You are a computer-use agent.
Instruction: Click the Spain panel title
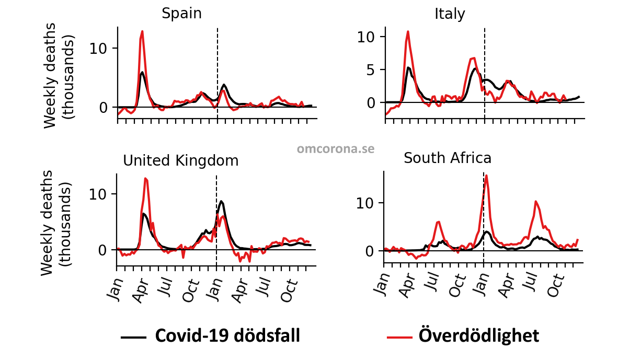coord(182,14)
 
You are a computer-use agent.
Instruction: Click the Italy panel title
coord(450,14)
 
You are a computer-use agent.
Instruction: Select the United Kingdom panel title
coord(180,161)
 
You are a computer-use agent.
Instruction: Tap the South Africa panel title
coord(448,158)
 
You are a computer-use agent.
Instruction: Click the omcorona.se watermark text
coord(336,149)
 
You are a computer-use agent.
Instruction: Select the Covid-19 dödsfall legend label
coord(227,335)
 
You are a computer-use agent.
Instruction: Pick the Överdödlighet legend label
coord(479,335)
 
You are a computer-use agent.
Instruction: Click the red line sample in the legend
coord(399,338)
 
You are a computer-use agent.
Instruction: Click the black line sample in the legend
coord(134,338)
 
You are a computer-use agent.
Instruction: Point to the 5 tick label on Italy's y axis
coord(370,70)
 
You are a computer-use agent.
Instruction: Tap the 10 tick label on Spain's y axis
coord(98,49)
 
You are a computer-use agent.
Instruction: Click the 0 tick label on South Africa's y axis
coord(370,251)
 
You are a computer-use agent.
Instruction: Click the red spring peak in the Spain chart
coord(142,31)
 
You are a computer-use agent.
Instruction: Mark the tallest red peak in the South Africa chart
coord(486,176)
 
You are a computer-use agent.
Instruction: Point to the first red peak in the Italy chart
coord(408,31)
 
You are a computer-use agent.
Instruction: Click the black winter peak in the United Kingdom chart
coord(221,201)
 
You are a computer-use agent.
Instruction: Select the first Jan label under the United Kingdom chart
coord(115,289)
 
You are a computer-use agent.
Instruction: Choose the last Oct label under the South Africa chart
coord(555,285)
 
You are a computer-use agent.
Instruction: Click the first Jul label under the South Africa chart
coord(433,281)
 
